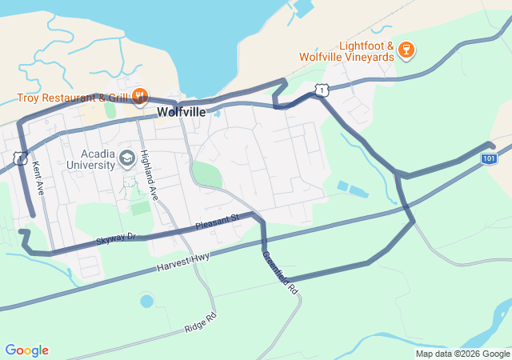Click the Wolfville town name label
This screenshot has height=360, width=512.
[181, 112]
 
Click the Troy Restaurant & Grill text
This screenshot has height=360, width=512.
[74, 98]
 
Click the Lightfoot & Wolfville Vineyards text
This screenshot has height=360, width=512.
[346, 51]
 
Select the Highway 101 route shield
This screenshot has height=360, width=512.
[489, 159]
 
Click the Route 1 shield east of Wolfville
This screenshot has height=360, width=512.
[321, 91]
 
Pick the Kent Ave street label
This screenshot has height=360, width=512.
[38, 178]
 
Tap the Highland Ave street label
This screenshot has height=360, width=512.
[149, 174]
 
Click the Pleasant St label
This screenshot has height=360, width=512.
[217, 221]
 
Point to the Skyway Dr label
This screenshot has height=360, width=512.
[117, 238]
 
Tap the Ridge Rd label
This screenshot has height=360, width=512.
[200, 322]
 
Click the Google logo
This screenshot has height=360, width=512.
[26, 350]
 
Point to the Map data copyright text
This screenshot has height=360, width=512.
[462, 354]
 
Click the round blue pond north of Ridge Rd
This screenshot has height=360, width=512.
[146, 302]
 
